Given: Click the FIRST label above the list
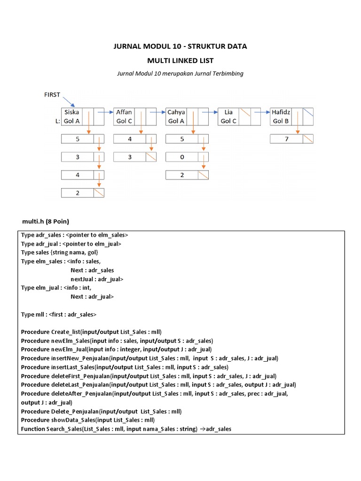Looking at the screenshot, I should click(x=52, y=95).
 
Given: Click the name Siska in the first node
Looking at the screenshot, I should click(x=72, y=112).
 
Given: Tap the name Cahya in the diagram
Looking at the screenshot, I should click(x=176, y=112).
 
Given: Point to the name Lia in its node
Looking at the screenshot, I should click(x=228, y=112).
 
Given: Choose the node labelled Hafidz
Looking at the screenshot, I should click(x=282, y=112).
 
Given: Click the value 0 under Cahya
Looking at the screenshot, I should click(x=182, y=157).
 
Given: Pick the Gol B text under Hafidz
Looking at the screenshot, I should click(x=281, y=121).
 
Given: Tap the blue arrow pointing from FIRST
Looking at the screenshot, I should click(x=69, y=102).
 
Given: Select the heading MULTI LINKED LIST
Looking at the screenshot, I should click(x=180, y=61).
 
